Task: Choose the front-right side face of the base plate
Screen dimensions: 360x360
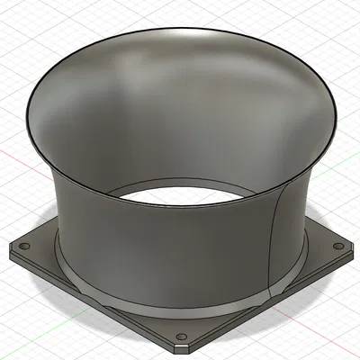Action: click(x=270, y=306)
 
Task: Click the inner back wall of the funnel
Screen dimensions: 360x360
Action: click(x=180, y=99)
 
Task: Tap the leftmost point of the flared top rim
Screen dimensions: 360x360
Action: click(x=28, y=105)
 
